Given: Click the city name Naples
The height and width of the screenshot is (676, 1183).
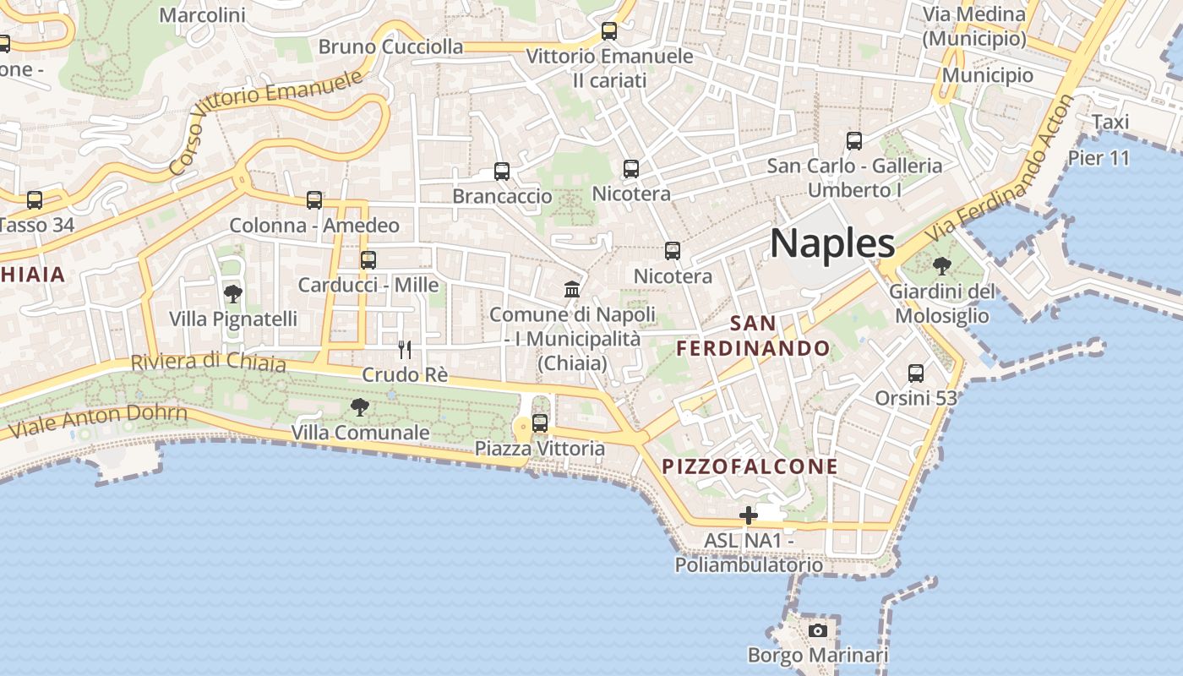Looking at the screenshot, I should [x=832, y=243].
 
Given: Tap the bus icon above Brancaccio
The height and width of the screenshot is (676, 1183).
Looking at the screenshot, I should [x=502, y=172].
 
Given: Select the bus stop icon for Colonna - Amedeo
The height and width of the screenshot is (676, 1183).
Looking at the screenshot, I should [x=314, y=200].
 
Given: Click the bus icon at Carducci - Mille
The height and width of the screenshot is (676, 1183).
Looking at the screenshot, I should [x=368, y=260].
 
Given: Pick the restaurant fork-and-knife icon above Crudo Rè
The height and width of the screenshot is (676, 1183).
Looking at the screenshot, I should [x=405, y=349].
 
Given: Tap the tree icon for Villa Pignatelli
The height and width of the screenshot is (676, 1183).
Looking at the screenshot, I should [x=233, y=294].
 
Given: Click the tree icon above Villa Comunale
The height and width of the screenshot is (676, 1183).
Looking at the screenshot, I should [x=360, y=407].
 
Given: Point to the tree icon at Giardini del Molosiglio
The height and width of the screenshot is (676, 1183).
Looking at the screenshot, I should [x=941, y=266].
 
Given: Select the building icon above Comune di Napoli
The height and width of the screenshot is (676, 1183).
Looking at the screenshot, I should [x=572, y=290].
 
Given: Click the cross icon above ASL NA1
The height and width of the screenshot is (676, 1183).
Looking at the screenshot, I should [x=749, y=515].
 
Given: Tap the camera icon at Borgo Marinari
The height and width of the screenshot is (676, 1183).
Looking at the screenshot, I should [x=817, y=630].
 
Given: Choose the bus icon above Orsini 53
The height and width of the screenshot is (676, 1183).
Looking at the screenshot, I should [x=916, y=373].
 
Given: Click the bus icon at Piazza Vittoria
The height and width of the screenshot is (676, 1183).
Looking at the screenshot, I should [x=540, y=423].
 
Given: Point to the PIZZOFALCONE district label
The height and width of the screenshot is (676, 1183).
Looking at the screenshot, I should [x=750, y=466].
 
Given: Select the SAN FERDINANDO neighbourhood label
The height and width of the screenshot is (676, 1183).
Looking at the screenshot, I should [x=753, y=335].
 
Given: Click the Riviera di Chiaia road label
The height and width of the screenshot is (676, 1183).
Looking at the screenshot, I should [x=208, y=362].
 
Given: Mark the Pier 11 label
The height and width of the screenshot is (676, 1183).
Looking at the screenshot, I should [x=1098, y=158].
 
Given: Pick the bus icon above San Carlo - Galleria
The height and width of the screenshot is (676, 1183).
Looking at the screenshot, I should [x=854, y=141].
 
